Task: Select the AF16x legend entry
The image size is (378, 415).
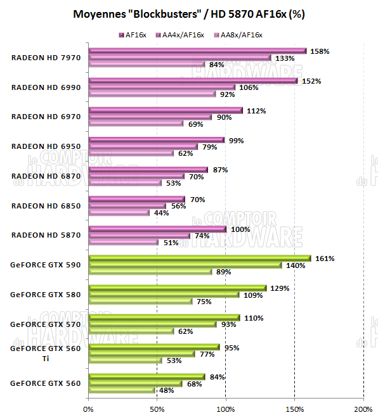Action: (136, 34)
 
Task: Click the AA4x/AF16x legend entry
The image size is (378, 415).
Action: (180, 34)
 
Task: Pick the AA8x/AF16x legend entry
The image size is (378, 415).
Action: (237, 34)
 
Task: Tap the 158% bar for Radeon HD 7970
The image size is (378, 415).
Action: (197, 51)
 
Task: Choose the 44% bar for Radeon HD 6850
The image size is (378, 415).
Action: (119, 212)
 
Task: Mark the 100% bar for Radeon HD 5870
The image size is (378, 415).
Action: (157, 229)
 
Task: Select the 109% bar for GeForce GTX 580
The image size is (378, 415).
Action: (164, 295)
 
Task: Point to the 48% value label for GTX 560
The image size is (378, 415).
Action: (166, 390)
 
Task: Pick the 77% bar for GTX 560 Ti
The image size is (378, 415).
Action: (141, 354)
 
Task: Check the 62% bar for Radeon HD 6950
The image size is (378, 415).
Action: (131, 153)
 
